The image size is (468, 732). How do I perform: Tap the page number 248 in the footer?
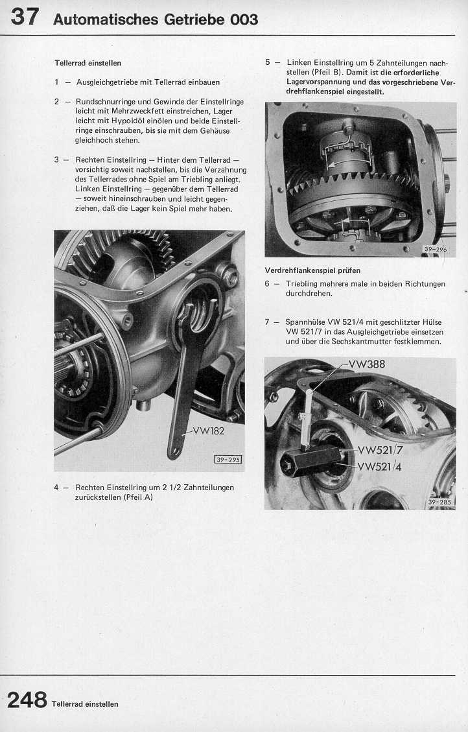coord(27,700)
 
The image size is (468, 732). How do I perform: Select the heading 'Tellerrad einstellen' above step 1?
coord(88,63)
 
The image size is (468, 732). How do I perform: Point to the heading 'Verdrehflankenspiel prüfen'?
coord(312,270)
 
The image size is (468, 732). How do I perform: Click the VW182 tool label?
coord(208,431)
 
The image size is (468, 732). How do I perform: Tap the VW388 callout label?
coord(366,364)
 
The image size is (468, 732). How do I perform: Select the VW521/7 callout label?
coord(380,450)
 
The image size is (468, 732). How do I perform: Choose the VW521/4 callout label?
coord(380,466)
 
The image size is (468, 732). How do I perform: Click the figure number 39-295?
coord(227,460)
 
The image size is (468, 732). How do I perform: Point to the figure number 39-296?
coord(436,249)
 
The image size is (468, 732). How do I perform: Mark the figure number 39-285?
coord(441,502)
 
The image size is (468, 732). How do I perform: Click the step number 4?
coord(57,487)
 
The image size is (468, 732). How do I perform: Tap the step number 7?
coord(267,322)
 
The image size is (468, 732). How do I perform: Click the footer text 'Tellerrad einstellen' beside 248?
coord(85,704)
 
